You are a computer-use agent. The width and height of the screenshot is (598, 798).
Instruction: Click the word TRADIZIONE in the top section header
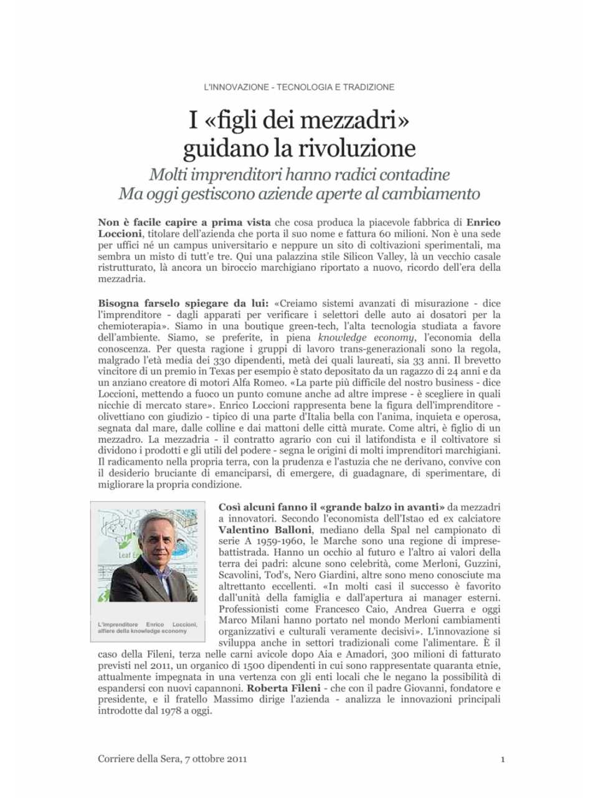click(x=369, y=87)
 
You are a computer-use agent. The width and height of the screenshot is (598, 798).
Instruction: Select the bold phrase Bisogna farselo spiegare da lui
click(x=183, y=304)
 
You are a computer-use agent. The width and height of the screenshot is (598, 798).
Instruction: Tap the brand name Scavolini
click(x=239, y=575)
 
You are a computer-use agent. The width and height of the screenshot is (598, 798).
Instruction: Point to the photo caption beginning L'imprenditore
click(x=147, y=627)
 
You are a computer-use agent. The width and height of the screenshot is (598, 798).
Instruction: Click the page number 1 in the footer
click(x=502, y=759)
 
